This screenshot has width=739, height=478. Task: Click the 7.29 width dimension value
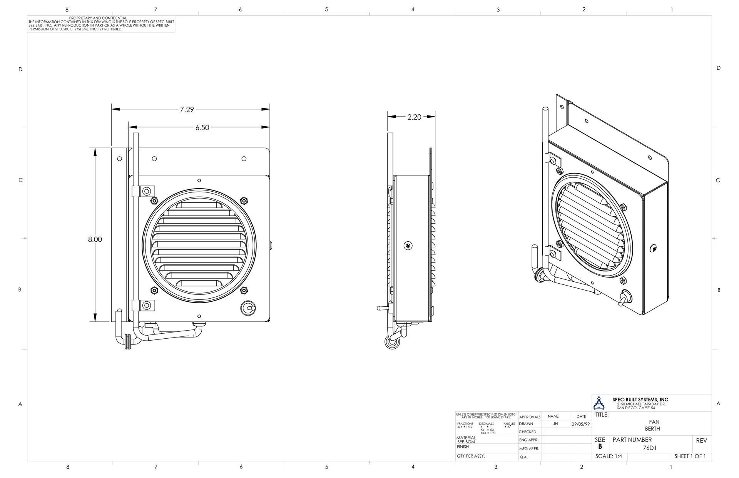(187, 110)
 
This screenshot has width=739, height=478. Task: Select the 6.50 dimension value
(202, 127)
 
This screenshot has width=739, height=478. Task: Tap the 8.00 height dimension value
(95, 239)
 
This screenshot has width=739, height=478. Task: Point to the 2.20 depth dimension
(414, 117)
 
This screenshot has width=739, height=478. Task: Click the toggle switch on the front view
(249, 308)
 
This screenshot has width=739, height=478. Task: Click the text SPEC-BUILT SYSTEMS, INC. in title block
(640, 400)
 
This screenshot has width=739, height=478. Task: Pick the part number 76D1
(650, 448)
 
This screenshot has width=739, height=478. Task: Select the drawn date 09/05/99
(580, 424)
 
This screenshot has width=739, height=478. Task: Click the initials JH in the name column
(555, 424)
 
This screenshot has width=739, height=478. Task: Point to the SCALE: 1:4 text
(609, 456)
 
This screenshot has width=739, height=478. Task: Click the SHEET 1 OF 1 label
(690, 456)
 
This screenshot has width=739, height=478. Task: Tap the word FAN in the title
(654, 422)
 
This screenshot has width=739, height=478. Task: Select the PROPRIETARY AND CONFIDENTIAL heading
(98, 18)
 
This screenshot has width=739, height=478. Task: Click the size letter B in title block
(600, 447)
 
